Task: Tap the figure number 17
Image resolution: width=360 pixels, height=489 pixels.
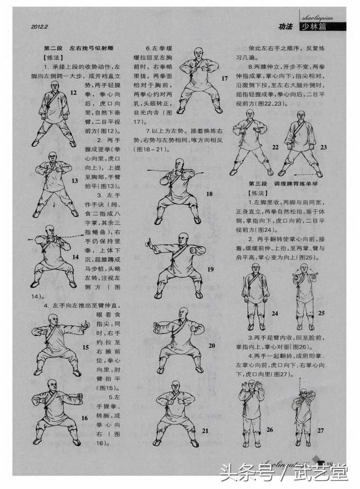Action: click(x=224, y=78)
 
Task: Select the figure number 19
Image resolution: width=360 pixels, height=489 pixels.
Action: click(x=210, y=270)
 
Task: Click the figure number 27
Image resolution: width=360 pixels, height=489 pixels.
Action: click(x=321, y=430)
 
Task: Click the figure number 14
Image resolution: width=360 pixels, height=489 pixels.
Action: click(x=75, y=256)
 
